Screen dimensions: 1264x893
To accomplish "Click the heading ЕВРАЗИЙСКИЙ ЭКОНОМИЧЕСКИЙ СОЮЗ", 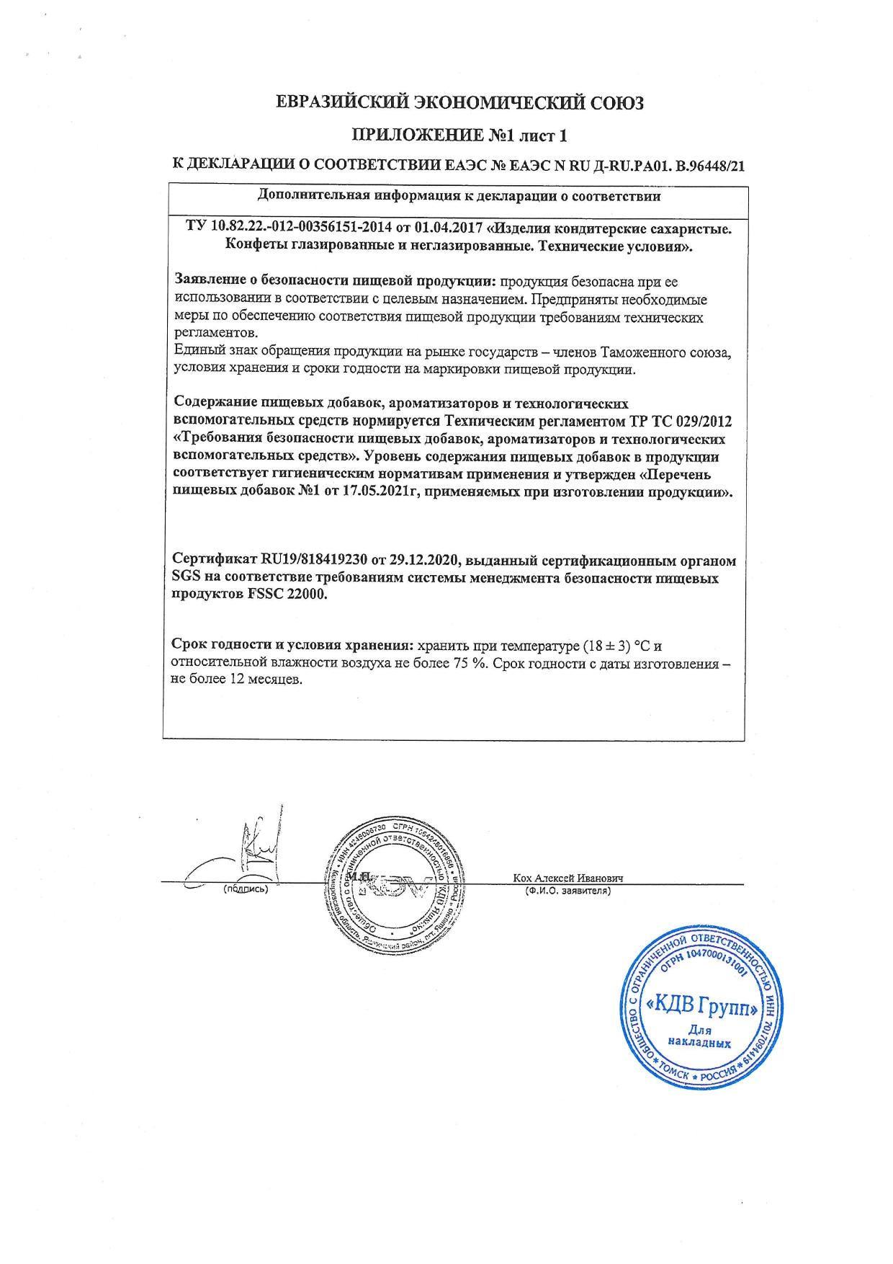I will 459,103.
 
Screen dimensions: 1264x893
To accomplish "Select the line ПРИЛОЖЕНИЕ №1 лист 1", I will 459,135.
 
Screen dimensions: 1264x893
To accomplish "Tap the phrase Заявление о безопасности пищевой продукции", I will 336,281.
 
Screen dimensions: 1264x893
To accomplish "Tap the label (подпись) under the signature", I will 246,889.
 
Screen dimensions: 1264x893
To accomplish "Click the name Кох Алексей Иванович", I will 567,878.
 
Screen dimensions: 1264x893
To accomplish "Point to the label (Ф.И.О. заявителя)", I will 567,891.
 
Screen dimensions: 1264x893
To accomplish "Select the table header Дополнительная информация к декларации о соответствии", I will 459,196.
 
